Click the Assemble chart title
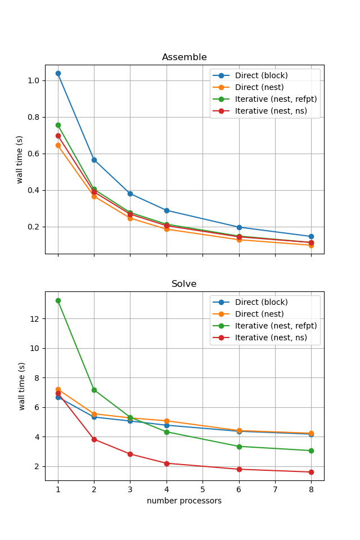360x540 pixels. pos(184,57)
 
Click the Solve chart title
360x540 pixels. pos(184,284)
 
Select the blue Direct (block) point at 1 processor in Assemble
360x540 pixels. pos(58,73)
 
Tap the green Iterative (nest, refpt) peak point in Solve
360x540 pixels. pos(58,300)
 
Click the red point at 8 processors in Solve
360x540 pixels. pos(311,472)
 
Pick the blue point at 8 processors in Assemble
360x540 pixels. pos(311,237)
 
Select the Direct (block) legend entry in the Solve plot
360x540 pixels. pos(261,302)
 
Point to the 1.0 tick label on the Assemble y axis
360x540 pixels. pos(33,80)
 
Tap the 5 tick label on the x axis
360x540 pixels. pos(202,490)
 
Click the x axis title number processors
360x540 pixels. pos(184,501)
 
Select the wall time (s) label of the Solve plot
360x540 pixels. pos(22,386)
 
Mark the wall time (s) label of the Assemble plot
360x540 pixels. pos(20,159)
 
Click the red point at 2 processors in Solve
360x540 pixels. pos(94,439)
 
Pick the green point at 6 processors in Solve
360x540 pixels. pos(239,447)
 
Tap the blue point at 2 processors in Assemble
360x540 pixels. pos(94,160)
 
